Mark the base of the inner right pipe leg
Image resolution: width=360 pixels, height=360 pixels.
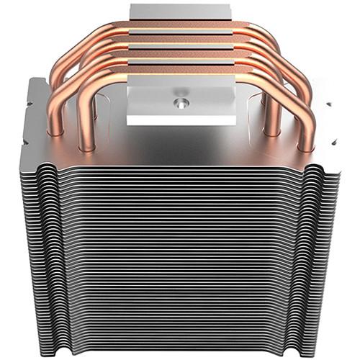(x=272, y=130)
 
